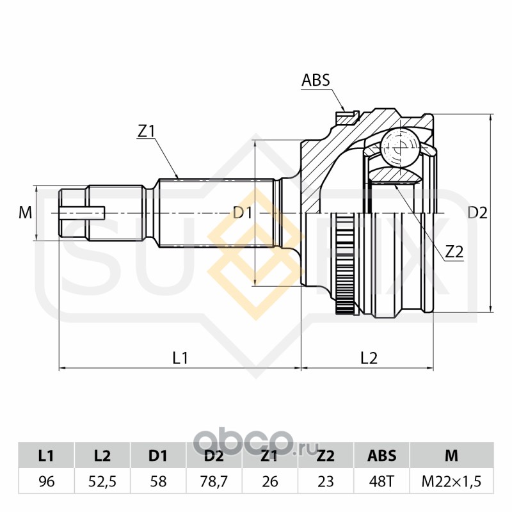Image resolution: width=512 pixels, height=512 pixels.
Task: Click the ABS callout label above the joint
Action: click(316, 80)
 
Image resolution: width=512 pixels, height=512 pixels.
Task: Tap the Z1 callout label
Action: click(147, 131)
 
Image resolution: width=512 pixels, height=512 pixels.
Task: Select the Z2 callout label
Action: click(454, 252)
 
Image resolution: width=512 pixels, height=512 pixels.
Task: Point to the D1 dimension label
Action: click(243, 213)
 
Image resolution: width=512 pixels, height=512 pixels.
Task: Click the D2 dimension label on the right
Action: click(477, 213)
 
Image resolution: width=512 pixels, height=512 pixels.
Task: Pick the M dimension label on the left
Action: click(25, 213)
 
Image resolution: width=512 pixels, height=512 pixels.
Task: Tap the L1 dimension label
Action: click(180, 358)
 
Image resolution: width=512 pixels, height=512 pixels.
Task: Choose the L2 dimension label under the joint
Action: click(369, 358)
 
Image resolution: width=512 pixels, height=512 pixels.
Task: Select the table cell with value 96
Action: click(46, 481)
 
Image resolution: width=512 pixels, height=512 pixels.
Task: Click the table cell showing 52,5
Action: click(102, 481)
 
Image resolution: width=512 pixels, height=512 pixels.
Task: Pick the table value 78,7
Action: click(214, 481)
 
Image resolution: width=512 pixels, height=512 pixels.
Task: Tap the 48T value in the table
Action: click(381, 481)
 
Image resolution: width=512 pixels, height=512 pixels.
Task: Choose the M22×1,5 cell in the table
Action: click(452, 481)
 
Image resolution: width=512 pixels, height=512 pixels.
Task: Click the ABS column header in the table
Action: click(381, 456)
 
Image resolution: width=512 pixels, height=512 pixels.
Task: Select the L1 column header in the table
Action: click(46, 456)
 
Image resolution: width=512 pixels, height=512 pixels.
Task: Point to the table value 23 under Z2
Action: click(326, 481)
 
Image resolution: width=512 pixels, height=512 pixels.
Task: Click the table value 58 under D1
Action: click(158, 481)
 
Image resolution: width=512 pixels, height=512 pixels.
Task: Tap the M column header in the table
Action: click(452, 456)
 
